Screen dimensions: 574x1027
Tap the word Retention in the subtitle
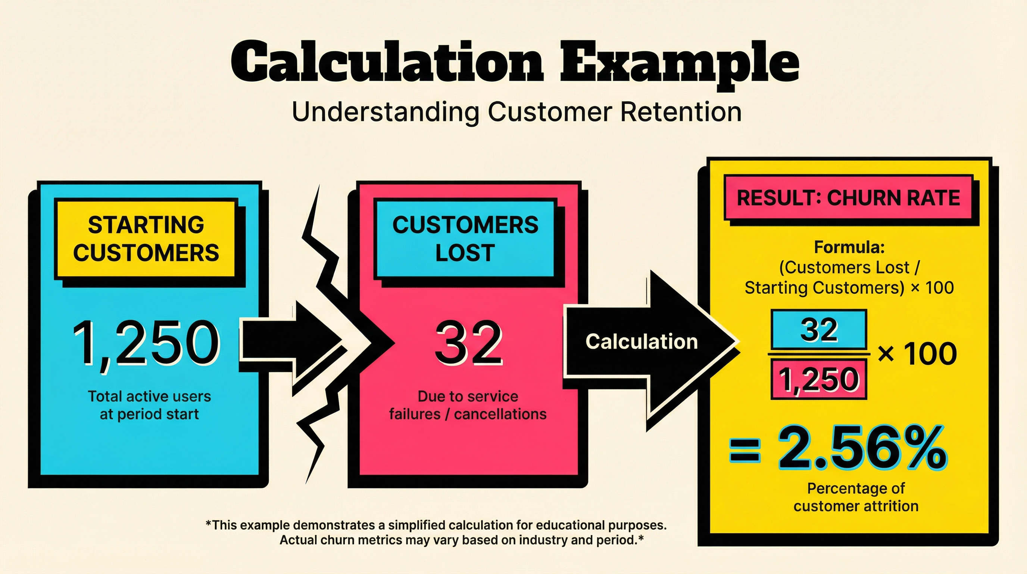[681, 112]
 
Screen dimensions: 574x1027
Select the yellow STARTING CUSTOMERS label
[146, 239]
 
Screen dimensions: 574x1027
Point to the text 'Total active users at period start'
[149, 405]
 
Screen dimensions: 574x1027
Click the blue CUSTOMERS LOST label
[465, 239]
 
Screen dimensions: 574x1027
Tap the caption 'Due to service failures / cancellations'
[468, 405]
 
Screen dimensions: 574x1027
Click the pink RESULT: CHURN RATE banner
[848, 198]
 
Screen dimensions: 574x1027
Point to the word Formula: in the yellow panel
[849, 247]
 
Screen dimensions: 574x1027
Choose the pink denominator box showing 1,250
[819, 379]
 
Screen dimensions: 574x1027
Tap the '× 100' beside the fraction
[917, 354]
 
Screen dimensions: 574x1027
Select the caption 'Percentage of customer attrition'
[856, 497]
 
